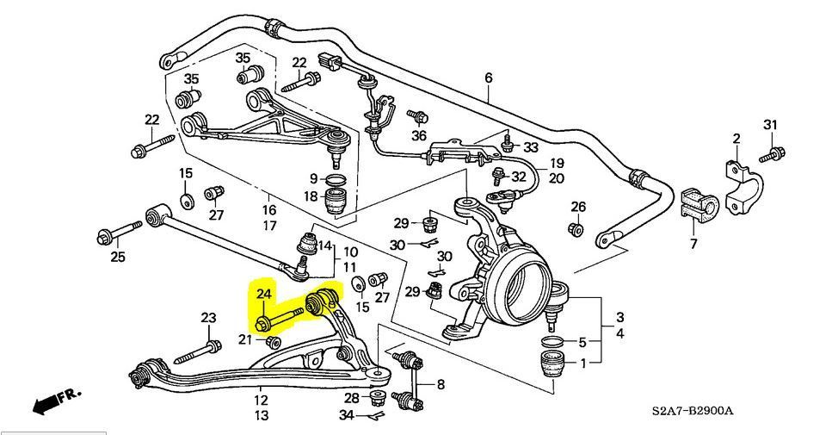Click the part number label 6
point(489,78)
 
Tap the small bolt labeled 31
point(771,156)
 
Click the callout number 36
point(419,135)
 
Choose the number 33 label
point(530,147)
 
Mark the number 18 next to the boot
point(311,197)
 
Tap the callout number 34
point(345,416)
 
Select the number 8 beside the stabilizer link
point(441,384)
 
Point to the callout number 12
point(260,400)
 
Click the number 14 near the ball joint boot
point(324,245)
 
